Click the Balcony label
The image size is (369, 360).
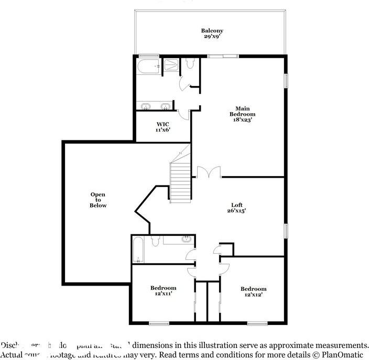[210, 33]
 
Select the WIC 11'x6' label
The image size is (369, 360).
[162, 127]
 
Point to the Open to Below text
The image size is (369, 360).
[97, 200]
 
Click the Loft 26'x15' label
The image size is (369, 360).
[237, 208]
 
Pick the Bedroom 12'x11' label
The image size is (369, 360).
[163, 291]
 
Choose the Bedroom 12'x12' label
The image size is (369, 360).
[253, 291]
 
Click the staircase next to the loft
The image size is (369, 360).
[180, 181]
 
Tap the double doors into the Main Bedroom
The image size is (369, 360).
[209, 173]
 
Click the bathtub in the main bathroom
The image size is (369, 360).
[149, 67]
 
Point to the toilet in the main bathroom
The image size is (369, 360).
[190, 63]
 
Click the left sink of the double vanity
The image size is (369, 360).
[145, 107]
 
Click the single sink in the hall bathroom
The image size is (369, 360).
[186, 240]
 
